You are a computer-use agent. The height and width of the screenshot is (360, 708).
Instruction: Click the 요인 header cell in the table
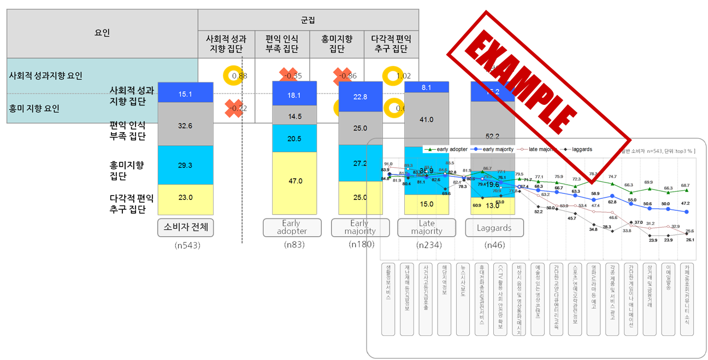click(102, 33)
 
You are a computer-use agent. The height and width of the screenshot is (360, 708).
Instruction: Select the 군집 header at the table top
click(308, 20)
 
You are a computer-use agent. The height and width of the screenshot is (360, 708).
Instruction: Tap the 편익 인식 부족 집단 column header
click(282, 44)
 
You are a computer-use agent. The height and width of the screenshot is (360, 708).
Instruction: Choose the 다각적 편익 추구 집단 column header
click(391, 44)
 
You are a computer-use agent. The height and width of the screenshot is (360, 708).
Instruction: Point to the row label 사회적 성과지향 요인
click(46, 75)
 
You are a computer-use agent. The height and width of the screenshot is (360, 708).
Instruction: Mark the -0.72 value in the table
click(238, 108)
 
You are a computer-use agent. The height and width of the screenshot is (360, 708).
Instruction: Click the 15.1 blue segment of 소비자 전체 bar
click(185, 93)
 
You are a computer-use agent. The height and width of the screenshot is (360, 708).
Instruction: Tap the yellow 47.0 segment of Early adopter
click(295, 181)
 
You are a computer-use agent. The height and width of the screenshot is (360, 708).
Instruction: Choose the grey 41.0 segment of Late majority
click(426, 119)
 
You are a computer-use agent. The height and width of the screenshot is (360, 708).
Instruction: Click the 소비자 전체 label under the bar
click(186, 227)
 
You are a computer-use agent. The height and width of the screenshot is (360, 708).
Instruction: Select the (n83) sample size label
click(295, 245)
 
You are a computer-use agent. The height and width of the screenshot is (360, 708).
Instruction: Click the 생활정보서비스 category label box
click(388, 298)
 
